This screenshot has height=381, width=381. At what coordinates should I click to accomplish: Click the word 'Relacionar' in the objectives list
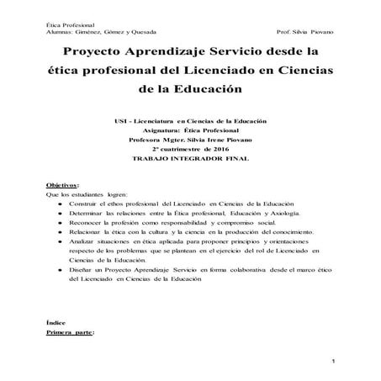[88, 230]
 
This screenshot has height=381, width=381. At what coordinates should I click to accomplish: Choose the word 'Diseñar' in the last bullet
[85, 269]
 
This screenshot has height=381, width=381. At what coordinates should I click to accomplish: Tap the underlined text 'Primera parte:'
[70, 333]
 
